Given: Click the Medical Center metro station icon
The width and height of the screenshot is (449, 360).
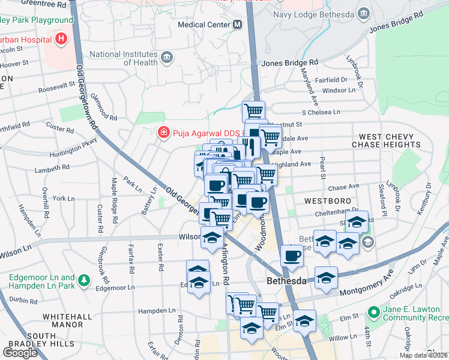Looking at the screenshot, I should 238,25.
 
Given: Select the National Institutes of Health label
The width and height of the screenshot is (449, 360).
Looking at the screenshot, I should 124,58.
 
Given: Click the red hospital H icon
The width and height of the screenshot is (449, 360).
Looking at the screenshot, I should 61,40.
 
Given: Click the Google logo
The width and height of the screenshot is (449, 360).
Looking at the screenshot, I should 20,352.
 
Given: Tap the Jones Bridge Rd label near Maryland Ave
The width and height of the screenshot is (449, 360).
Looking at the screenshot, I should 289,62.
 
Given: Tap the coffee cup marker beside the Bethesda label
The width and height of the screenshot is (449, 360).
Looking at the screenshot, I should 292,255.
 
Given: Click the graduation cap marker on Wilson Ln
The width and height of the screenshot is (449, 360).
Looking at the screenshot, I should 211,238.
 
